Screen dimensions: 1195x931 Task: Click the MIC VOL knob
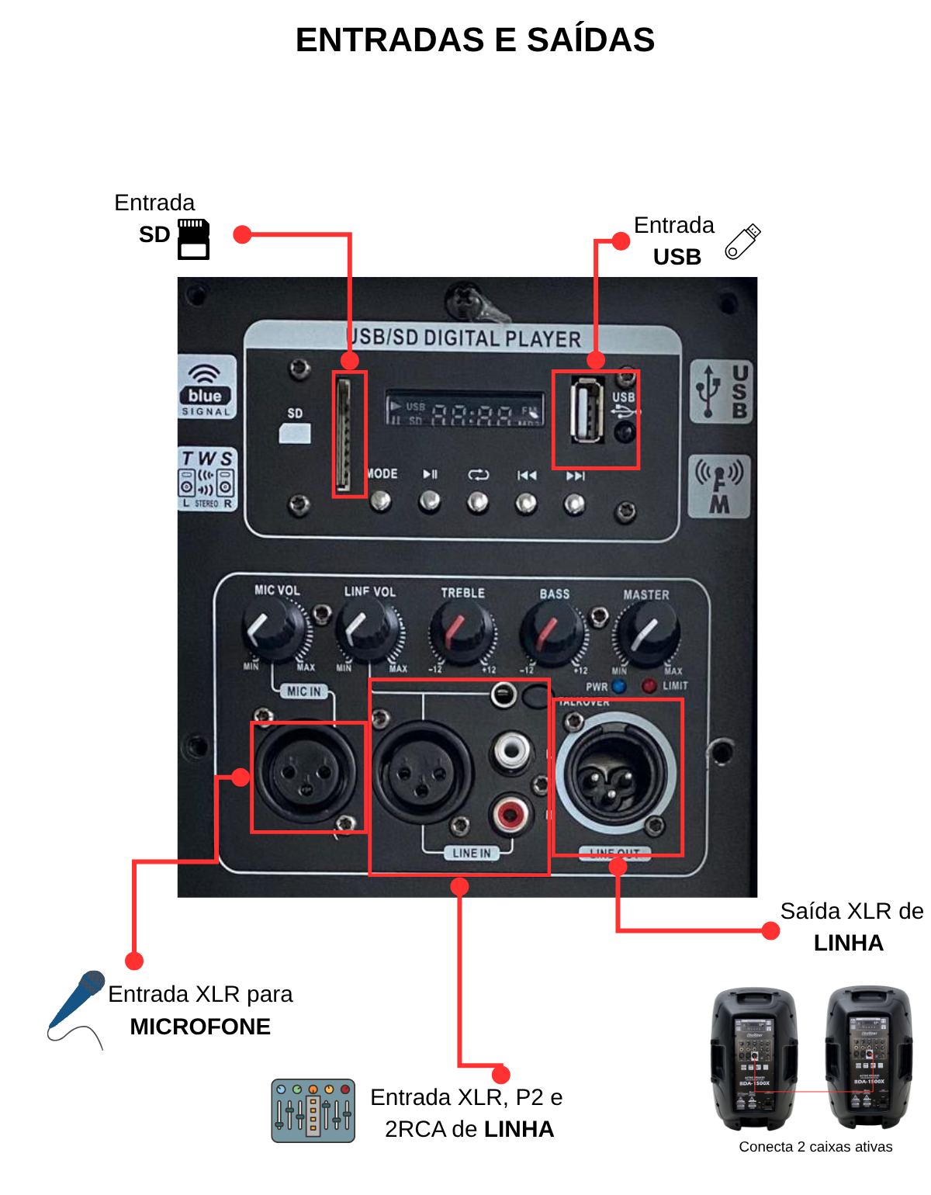point(273,630)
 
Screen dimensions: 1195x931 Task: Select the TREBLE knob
point(460,632)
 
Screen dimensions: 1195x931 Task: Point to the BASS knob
point(552,634)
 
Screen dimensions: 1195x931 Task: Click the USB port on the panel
point(587,410)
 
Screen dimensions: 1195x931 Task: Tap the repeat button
point(478,503)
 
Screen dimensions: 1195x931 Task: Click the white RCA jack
point(511,751)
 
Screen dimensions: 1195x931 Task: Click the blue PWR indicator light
point(618,686)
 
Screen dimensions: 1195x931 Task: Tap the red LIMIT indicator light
point(649,686)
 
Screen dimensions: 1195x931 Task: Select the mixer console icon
point(313,1110)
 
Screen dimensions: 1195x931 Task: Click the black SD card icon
point(193,239)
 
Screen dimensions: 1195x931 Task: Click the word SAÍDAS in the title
point(590,40)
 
